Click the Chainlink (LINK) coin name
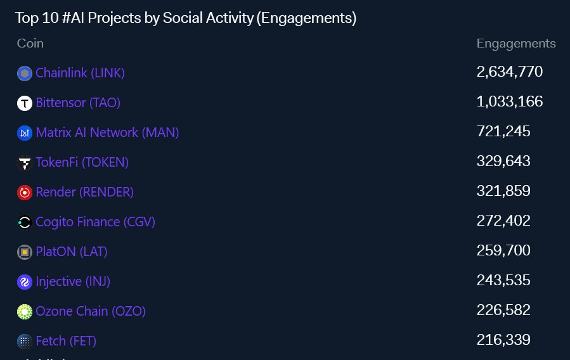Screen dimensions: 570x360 click(x=80, y=73)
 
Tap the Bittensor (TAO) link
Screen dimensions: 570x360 click(x=78, y=103)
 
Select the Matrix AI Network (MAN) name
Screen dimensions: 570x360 click(x=107, y=132)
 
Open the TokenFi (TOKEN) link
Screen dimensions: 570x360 click(x=82, y=162)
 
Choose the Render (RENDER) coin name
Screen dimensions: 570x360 click(x=85, y=192)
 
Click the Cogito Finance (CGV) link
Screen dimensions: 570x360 click(x=95, y=222)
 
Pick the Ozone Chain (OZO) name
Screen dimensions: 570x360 click(x=91, y=311)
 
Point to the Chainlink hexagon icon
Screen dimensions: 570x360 click(x=25, y=74)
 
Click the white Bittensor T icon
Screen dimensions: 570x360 click(x=25, y=103)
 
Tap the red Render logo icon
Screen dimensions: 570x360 click(x=25, y=193)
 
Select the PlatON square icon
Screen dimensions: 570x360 click(x=25, y=252)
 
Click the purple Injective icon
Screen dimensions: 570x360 click(x=25, y=282)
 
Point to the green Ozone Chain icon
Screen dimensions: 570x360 click(x=25, y=312)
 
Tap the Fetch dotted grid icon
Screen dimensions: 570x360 click(x=25, y=342)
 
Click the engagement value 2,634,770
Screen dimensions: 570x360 click(x=510, y=72)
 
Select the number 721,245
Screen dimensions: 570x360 click(x=503, y=131)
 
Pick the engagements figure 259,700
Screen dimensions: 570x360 click(x=503, y=250)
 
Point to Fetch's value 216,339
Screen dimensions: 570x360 click(x=503, y=340)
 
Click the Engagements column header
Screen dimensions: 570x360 click(x=516, y=44)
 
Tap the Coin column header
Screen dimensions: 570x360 click(x=30, y=43)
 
